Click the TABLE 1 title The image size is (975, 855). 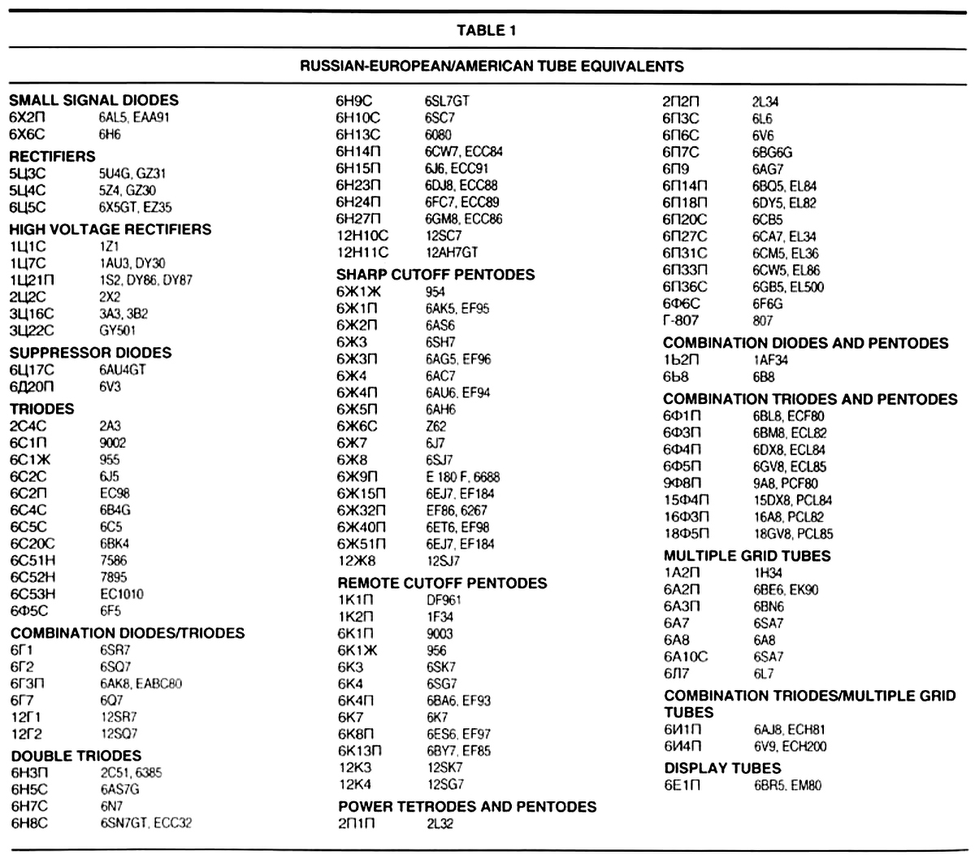(486, 32)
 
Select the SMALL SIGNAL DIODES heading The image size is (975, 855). (93, 100)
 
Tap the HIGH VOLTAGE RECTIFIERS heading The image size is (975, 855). (110, 229)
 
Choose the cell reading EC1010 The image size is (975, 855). (122, 594)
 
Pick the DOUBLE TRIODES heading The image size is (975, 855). (76, 755)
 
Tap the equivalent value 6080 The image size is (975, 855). (438, 135)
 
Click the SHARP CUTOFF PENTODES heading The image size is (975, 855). (435, 274)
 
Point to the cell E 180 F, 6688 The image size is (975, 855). (462, 476)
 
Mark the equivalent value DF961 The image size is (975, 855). (444, 600)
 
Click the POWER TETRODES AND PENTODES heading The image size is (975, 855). (467, 806)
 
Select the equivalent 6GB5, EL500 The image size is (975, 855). (788, 287)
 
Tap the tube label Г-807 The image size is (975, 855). (681, 320)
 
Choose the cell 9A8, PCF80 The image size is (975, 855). (785, 484)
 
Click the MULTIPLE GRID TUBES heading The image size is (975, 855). (747, 556)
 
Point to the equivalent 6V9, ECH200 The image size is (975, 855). (790, 746)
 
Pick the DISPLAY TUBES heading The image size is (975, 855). (722, 768)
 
